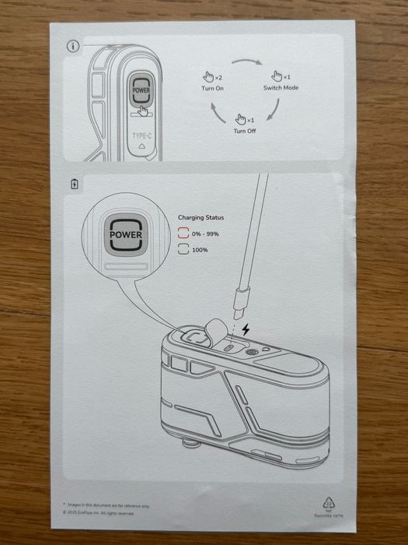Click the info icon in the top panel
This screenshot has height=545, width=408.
74,46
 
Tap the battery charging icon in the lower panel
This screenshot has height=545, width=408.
75,185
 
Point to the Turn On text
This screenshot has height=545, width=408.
202,88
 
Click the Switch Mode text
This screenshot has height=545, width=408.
281,88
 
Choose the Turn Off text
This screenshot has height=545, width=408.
245,131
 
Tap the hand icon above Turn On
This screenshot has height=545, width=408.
207,76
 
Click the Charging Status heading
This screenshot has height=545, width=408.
201,218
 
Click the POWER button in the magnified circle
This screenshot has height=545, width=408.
126,234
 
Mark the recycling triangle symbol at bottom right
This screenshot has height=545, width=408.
327,504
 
